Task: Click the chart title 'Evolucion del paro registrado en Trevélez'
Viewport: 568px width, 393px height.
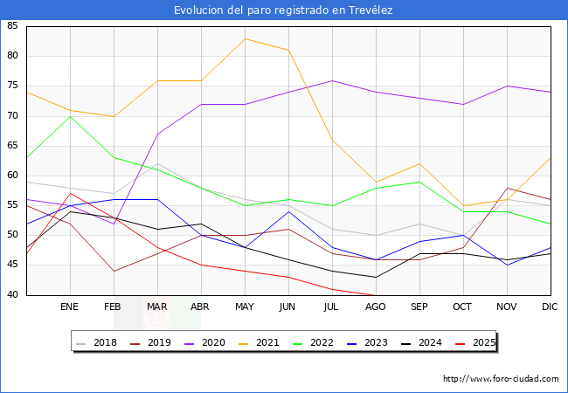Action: (283, 10)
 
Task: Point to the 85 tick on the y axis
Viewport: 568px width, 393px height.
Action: (12, 26)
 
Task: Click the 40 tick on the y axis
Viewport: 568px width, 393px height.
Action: (12, 295)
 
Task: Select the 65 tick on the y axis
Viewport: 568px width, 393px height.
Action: (12, 146)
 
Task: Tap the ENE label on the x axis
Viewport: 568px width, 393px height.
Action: (70, 307)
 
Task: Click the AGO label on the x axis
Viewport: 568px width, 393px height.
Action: (376, 307)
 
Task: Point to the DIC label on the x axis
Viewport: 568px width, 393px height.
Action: (551, 307)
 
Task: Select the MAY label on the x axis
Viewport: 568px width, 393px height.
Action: (245, 307)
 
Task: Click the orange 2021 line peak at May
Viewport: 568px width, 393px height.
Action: (245, 38)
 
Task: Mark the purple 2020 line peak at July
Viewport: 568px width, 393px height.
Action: (332, 80)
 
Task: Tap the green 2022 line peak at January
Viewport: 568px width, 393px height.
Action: (70, 116)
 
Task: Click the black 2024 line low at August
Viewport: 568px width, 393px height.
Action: (376, 277)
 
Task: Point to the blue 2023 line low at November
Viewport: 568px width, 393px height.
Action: (507, 265)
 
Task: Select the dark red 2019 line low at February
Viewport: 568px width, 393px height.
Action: (114, 271)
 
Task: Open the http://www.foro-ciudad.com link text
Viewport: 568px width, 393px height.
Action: (501, 379)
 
